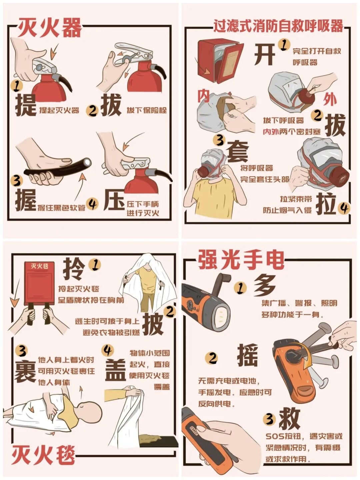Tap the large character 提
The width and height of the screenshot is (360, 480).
(x=25, y=105)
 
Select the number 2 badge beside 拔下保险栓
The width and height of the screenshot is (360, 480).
(x=92, y=110)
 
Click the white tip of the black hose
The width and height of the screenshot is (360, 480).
(x=88, y=162)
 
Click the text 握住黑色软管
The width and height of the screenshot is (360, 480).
(x=61, y=208)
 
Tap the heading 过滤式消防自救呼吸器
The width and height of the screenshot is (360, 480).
(x=278, y=26)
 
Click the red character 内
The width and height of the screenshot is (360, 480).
(x=203, y=96)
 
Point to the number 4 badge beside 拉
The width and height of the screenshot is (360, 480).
(x=344, y=208)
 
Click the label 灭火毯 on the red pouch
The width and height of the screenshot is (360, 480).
(x=39, y=266)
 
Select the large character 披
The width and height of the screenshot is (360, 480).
(x=153, y=324)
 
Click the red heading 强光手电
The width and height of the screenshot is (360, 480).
(x=241, y=260)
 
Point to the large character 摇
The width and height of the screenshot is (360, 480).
(x=247, y=355)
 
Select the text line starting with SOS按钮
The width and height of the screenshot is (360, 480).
(x=304, y=436)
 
